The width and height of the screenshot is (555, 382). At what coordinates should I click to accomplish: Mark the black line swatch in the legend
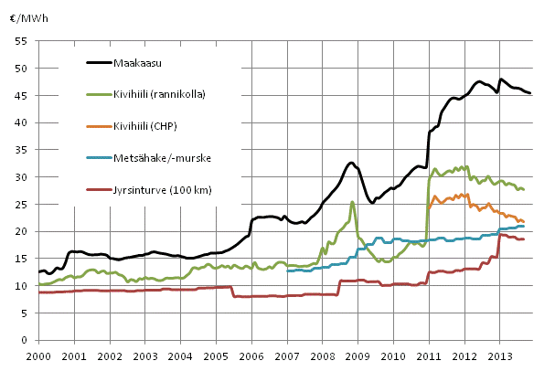point(106,63)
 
